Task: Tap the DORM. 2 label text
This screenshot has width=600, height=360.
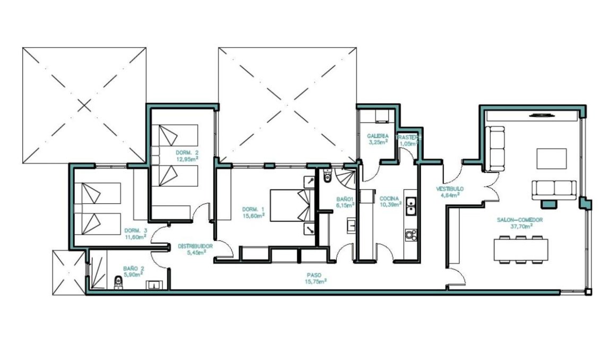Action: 187,152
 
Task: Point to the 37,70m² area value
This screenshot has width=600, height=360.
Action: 522,226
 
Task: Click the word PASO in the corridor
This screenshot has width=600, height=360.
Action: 313,275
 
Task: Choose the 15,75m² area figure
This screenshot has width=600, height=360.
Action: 316,281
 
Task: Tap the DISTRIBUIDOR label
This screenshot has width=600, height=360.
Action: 195,246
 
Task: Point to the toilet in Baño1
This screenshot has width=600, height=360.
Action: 327,176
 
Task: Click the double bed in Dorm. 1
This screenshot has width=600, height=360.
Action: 291,205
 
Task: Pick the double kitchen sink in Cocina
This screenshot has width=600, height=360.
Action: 410,205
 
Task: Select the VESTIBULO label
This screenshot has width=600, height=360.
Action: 450,188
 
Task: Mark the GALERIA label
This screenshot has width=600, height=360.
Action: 378,136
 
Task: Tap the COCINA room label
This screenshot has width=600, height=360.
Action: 389,199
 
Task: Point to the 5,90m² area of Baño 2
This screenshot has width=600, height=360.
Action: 132,275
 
